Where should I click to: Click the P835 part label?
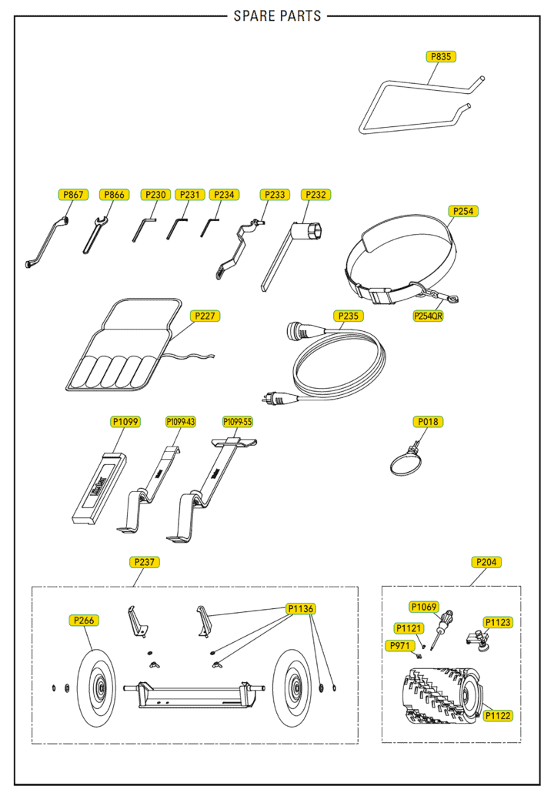(442, 56)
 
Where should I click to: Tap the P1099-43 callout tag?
(181, 422)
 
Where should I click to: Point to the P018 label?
(428, 422)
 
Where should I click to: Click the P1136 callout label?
(301, 609)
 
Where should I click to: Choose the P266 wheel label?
(84, 621)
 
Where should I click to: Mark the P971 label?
(399, 645)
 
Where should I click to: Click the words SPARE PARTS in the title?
(277, 16)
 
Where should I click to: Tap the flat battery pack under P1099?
(98, 488)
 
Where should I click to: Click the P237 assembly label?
(145, 562)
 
